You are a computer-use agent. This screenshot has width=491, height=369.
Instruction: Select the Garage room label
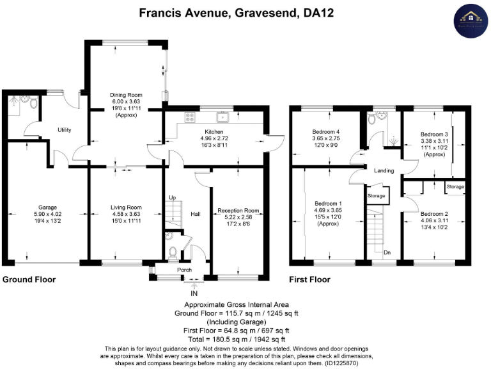coord(47,208)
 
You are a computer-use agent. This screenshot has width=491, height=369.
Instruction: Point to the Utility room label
coord(63,130)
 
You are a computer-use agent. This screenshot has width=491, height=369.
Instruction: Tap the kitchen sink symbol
coord(222,117)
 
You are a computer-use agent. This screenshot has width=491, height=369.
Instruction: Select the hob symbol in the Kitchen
coord(190,117)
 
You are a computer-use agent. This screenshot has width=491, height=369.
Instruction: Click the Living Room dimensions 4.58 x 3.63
coord(125,215)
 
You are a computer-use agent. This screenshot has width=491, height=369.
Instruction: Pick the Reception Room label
coord(238,210)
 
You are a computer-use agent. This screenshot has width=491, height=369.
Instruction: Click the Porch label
coord(185,270)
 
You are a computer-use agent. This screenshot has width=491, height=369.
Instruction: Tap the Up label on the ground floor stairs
coord(172,197)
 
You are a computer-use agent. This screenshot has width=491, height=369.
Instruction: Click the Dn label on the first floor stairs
coord(387,252)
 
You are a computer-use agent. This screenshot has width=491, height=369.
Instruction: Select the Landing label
coord(384,170)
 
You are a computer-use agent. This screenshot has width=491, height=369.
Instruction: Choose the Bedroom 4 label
coord(327,131)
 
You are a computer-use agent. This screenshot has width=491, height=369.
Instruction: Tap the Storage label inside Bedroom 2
coord(455,187)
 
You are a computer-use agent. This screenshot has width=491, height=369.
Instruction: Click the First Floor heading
coord(310,279)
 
